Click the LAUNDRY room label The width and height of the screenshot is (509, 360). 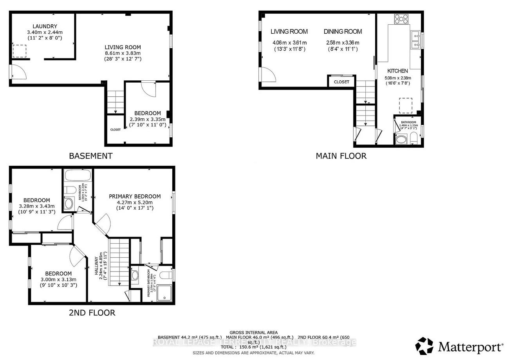click(x=45, y=26)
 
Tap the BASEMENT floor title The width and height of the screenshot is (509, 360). click(x=90, y=156)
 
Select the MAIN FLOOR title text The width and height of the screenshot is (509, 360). click(x=341, y=156)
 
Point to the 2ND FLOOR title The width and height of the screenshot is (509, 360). click(x=92, y=313)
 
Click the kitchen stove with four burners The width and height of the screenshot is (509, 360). click(x=401, y=19)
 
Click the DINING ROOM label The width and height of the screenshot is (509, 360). click(x=343, y=31)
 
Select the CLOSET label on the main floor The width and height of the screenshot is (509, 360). click(x=341, y=82)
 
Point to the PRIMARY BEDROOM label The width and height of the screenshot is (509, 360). click(x=135, y=196)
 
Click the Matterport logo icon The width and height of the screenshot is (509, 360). click(x=424, y=346)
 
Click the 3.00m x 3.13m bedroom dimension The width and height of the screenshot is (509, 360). click(x=58, y=279)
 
